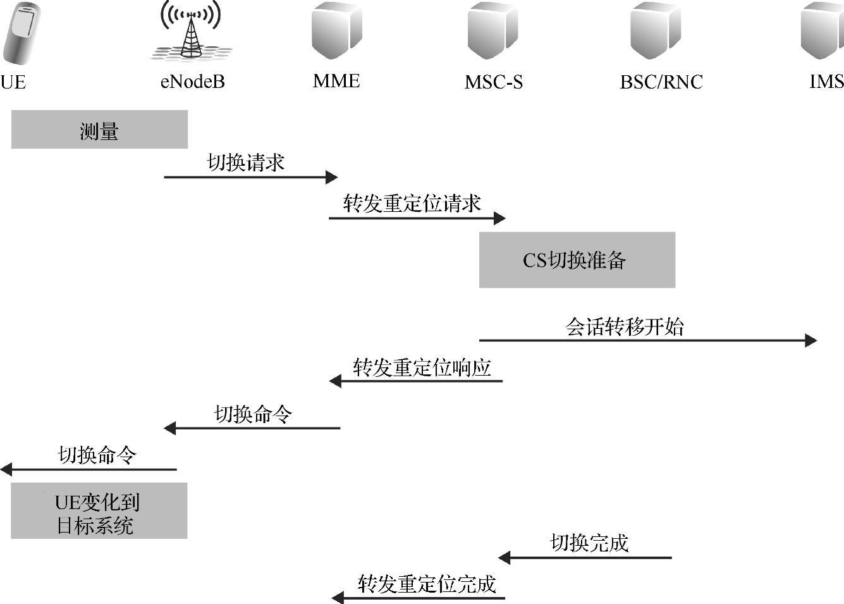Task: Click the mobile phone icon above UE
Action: click(20, 33)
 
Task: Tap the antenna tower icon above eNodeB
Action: click(191, 32)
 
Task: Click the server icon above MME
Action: click(336, 30)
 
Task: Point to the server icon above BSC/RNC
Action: click(655, 30)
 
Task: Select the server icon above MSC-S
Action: click(492, 30)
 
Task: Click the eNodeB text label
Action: click(192, 82)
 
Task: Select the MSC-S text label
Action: click(494, 82)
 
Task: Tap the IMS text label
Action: click(826, 82)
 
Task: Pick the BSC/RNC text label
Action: click(661, 82)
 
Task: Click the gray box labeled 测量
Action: click(99, 130)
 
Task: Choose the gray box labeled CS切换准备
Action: click(577, 260)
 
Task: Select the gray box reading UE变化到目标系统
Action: click(99, 511)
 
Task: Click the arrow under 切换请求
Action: click(250, 177)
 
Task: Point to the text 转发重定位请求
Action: click(412, 204)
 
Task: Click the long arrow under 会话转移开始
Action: click(647, 340)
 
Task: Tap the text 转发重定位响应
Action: click(422, 367)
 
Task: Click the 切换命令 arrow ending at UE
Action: click(89, 469)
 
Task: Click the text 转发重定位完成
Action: click(427, 584)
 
